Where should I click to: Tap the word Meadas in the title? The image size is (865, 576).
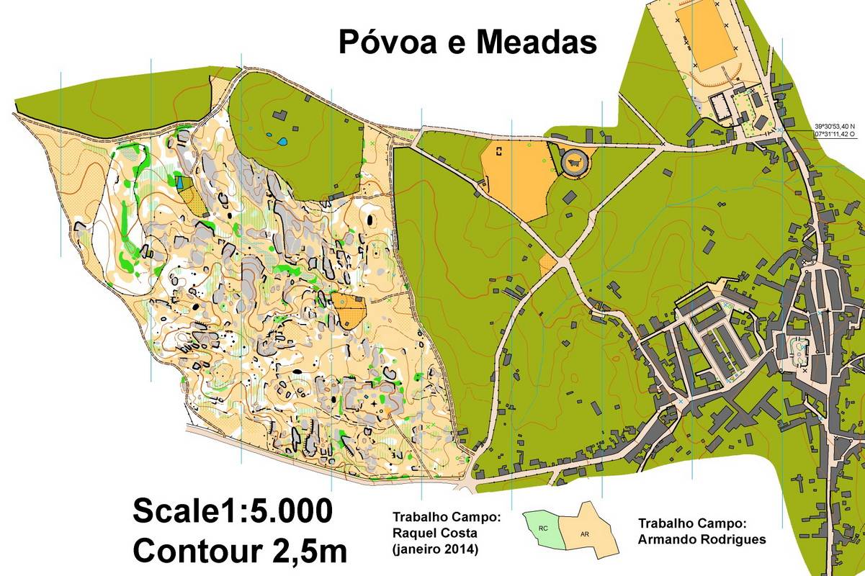pyautogui.click(x=536, y=43)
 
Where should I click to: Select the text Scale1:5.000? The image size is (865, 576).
pyautogui.click(x=233, y=511)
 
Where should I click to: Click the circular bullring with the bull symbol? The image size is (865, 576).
pyautogui.click(x=574, y=161)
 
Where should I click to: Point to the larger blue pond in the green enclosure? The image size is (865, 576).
pyautogui.click(x=283, y=141)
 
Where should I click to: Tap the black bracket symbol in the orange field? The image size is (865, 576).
pyautogui.click(x=498, y=150)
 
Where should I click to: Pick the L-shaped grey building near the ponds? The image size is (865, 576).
pyautogui.click(x=279, y=115)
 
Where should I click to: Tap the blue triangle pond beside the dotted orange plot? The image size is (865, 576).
pyautogui.click(x=179, y=183)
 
